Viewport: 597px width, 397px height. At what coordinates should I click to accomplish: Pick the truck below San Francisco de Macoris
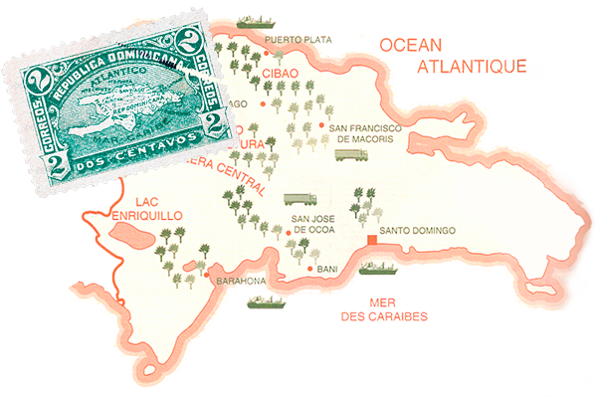tap(351, 154)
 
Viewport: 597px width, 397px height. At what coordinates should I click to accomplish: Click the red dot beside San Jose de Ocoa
tap(289, 232)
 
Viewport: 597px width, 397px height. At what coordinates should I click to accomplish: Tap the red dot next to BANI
tap(310, 269)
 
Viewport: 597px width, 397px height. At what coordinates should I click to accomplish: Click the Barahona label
tap(241, 282)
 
